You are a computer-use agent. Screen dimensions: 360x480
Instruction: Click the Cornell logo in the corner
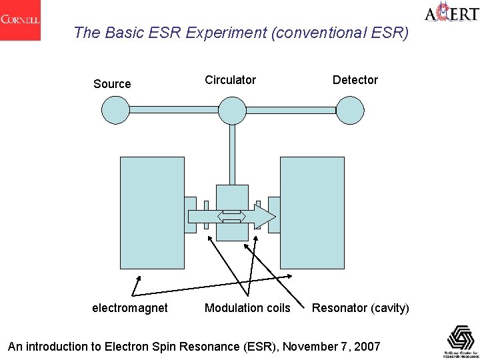20,20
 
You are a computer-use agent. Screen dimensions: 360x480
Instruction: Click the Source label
112,84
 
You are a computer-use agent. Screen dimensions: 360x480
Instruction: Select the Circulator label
230,80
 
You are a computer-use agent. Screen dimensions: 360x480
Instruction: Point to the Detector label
355,80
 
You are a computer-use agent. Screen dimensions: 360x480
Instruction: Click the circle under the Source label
115,109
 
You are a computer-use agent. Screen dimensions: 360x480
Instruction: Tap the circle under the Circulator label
233,109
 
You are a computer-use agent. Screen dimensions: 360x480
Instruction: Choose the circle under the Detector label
350,109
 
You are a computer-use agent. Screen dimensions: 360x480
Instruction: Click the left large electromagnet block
151,213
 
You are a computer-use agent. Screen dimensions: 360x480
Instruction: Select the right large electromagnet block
313,213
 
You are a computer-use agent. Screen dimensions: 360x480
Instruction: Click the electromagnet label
129,308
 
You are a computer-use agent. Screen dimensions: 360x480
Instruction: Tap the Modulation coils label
247,308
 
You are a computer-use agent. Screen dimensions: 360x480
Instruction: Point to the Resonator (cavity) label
361,308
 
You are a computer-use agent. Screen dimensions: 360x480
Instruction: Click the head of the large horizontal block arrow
265,216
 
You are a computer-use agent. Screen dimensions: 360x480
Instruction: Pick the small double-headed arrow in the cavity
232,216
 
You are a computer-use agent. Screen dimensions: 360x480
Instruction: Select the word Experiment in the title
185,32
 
